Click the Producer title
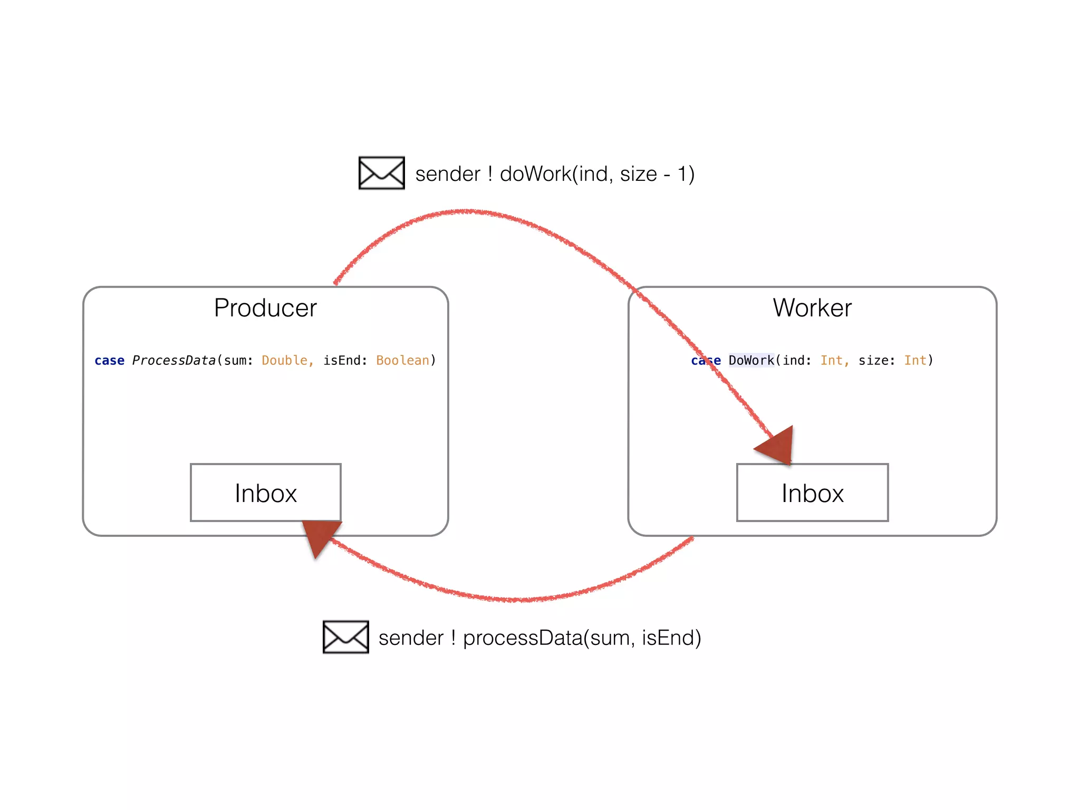pyautogui.click(x=265, y=308)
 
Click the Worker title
pyautogui.click(x=812, y=308)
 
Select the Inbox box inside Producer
pyautogui.click(x=265, y=493)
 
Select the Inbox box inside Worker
pyautogui.click(x=812, y=493)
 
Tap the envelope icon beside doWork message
pyautogui.click(x=381, y=173)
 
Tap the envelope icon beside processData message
pyautogui.click(x=345, y=637)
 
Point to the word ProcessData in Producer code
pyautogui.click(x=173, y=361)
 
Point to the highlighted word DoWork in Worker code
pyautogui.click(x=751, y=361)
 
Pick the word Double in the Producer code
pyautogui.click(x=285, y=361)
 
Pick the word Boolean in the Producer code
pyautogui.click(x=402, y=361)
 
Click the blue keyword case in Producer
pyautogui.click(x=109, y=361)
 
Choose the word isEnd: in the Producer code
pyautogui.click(x=345, y=361)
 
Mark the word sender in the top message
pyautogui.click(x=448, y=174)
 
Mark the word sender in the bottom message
pyautogui.click(x=411, y=638)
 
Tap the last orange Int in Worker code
pyautogui.click(x=915, y=361)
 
